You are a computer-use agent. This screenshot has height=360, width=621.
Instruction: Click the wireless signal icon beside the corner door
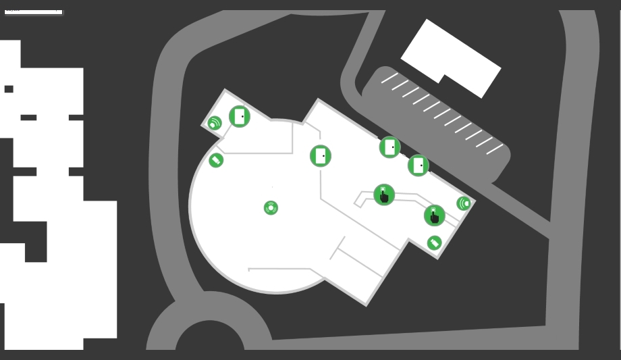(214, 124)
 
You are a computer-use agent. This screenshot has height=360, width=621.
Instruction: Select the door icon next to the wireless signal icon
(240, 116)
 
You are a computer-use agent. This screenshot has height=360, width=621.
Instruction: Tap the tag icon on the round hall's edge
(216, 160)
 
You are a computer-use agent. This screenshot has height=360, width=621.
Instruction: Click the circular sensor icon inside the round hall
(271, 208)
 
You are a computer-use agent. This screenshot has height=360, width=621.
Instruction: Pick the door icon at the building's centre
(321, 156)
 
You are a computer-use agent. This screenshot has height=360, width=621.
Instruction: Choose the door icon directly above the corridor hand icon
(389, 147)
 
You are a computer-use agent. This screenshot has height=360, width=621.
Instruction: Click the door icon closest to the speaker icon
(418, 165)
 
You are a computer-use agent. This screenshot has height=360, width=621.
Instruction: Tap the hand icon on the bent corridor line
(384, 195)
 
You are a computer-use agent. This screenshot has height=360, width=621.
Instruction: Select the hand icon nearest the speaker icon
(435, 215)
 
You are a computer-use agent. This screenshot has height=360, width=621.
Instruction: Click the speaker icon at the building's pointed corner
(464, 203)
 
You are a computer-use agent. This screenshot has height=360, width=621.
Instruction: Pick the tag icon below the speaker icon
(434, 243)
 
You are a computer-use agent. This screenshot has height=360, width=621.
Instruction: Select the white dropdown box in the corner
(33, 11)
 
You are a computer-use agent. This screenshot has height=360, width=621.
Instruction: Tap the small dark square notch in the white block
(9, 89)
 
